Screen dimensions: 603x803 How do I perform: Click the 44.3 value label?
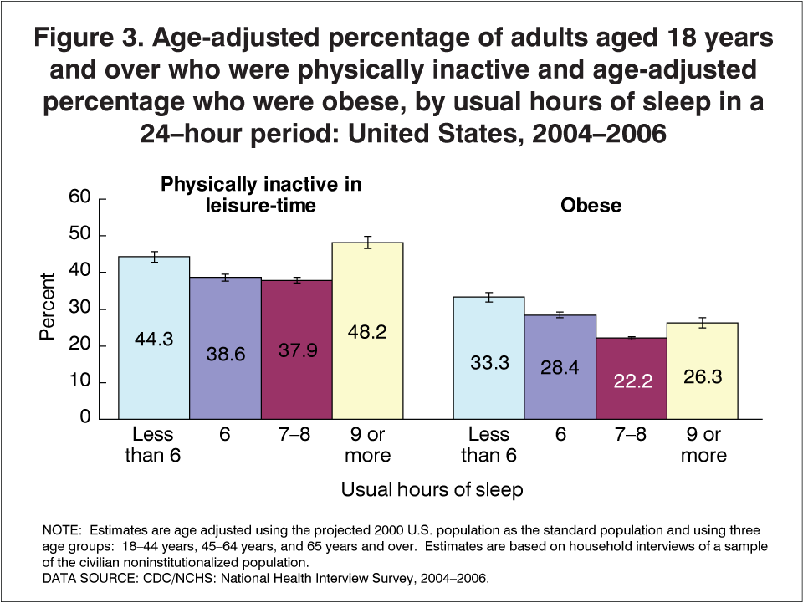[153, 340]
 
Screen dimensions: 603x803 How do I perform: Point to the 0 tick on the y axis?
[84, 418]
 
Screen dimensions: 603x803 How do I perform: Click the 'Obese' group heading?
[591, 205]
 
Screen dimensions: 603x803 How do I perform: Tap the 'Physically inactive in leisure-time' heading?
[260, 194]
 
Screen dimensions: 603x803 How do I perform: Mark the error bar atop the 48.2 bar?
[367, 243]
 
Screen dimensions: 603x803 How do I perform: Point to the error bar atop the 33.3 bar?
[488, 297]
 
